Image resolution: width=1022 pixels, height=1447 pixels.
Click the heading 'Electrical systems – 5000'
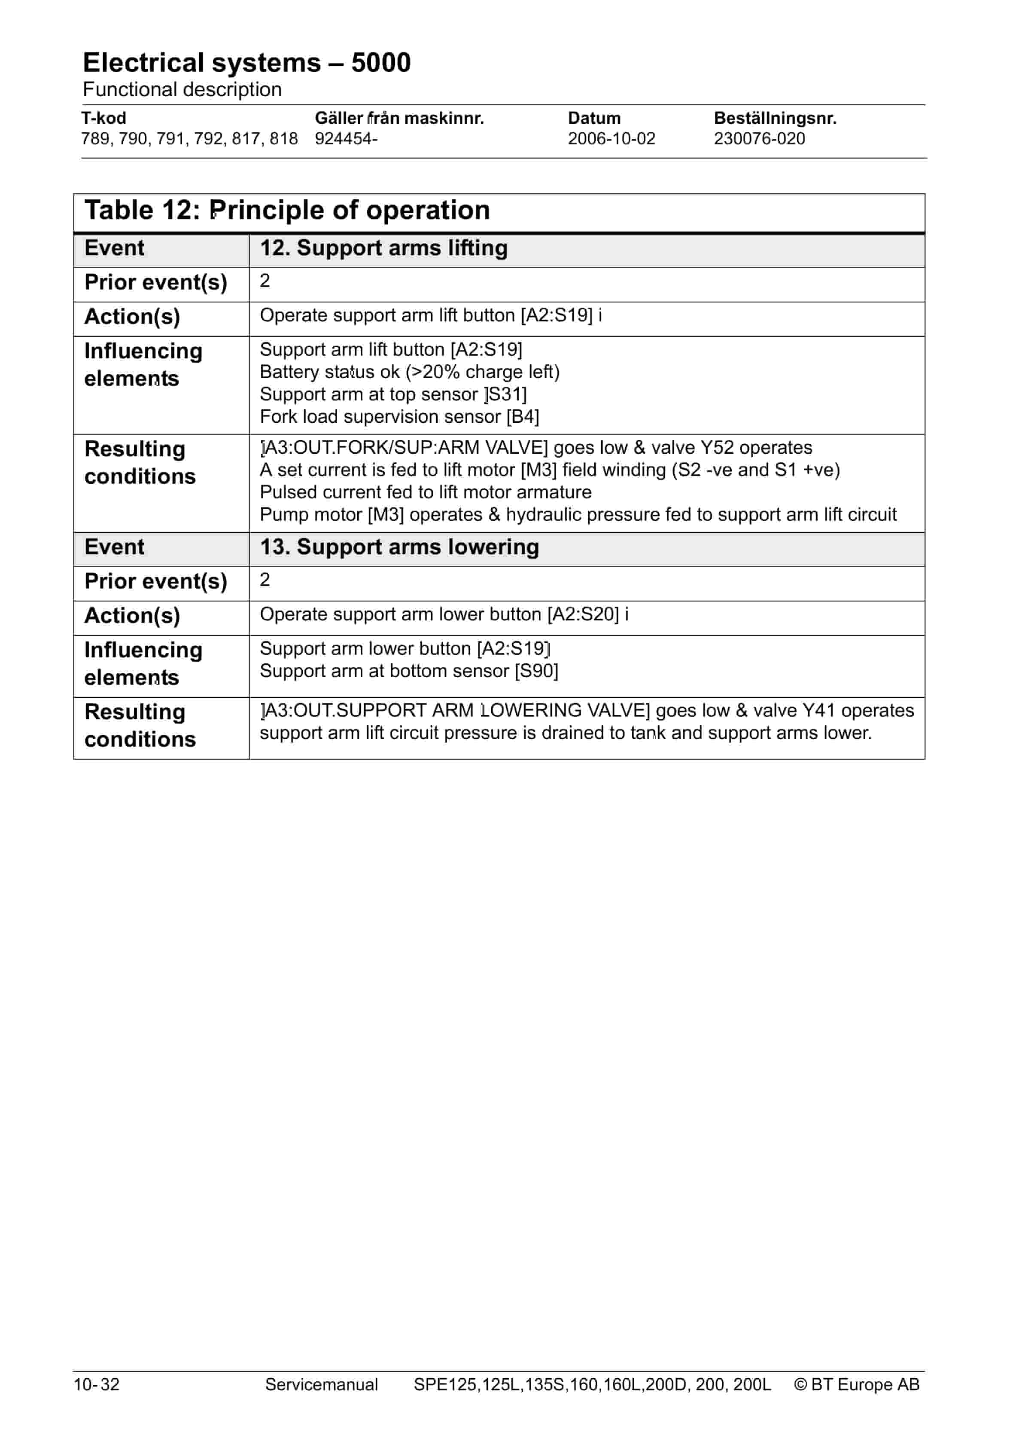tap(246, 63)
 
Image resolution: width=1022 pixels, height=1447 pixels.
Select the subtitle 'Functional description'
tap(182, 89)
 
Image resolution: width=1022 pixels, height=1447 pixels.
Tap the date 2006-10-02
tap(611, 139)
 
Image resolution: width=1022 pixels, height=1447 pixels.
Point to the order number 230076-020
tap(759, 139)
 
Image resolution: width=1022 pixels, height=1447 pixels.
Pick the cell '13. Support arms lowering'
tap(399, 547)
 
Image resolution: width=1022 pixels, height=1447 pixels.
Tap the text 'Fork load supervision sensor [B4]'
tap(399, 417)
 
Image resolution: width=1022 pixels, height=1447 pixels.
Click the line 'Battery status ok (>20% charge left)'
tap(410, 372)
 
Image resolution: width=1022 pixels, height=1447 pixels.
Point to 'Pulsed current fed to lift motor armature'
tap(425, 492)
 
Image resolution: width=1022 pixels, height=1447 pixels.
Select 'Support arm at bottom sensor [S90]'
tap(408, 671)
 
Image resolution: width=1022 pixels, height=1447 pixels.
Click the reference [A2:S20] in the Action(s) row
tap(583, 614)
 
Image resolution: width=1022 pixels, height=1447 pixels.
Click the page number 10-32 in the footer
tap(97, 1385)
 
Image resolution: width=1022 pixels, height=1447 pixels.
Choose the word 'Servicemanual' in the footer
tap(321, 1385)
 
